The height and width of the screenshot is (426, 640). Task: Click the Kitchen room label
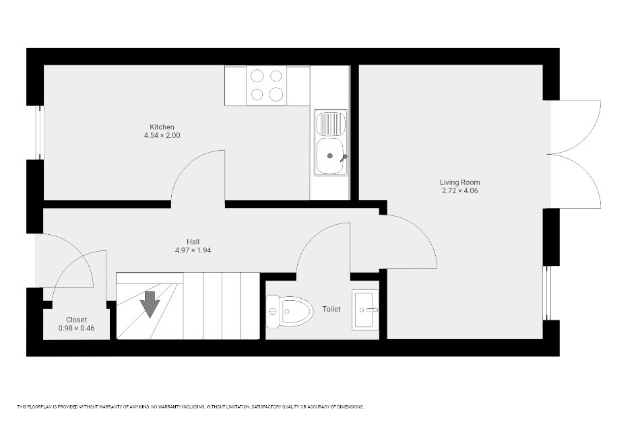click(x=162, y=127)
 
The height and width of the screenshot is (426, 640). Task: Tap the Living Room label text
click(x=459, y=182)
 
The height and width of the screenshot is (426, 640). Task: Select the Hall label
click(x=193, y=242)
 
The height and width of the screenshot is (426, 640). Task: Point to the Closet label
click(x=76, y=320)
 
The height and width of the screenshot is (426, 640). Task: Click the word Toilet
click(x=331, y=309)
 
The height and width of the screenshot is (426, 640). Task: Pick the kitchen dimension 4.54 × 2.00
click(x=162, y=135)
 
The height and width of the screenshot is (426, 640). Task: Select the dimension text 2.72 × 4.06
click(x=459, y=190)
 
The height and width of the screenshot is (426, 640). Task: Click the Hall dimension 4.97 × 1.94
click(x=193, y=250)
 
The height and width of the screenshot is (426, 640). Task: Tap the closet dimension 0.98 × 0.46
click(x=76, y=328)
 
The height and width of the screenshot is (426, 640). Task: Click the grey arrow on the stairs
click(x=150, y=304)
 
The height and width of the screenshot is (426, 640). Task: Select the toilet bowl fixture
click(x=290, y=312)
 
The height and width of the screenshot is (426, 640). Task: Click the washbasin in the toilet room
click(x=365, y=310)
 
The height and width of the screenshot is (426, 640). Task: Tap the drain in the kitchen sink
click(x=330, y=155)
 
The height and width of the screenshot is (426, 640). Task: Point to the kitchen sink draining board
click(x=331, y=124)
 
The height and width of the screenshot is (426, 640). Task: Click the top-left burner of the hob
click(x=257, y=76)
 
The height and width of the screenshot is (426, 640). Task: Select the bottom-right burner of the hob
click(x=276, y=94)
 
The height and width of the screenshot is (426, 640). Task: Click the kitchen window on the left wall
click(x=39, y=133)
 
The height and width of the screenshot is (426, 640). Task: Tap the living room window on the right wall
click(x=547, y=293)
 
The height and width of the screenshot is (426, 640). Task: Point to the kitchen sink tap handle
click(x=344, y=157)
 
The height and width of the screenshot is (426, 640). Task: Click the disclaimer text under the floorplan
click(x=190, y=407)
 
